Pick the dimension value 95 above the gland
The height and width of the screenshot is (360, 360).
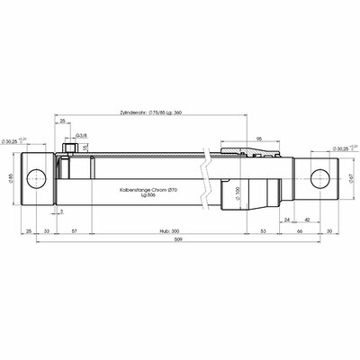coord(259,139)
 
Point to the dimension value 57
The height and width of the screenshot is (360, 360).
coord(74,231)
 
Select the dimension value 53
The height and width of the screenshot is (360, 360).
coord(264,231)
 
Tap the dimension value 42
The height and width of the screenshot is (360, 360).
coord(308,219)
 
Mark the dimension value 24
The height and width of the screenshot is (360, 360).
coord(286,219)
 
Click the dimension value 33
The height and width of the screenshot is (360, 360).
coord(47,231)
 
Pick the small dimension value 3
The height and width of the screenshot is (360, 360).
coord(61,211)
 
